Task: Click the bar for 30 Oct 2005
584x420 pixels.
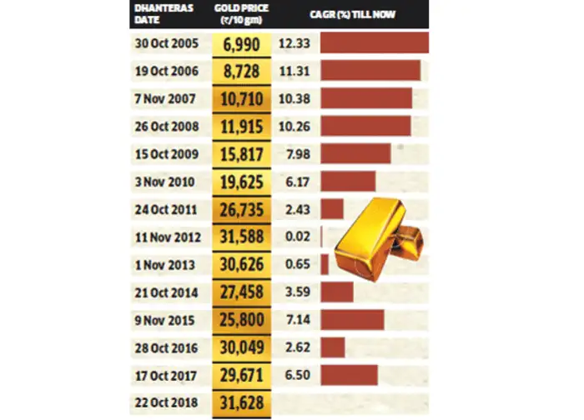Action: [374, 42]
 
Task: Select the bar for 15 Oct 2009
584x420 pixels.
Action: [355, 153]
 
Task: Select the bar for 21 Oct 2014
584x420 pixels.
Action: [337, 292]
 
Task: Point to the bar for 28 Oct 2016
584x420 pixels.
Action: [333, 347]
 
